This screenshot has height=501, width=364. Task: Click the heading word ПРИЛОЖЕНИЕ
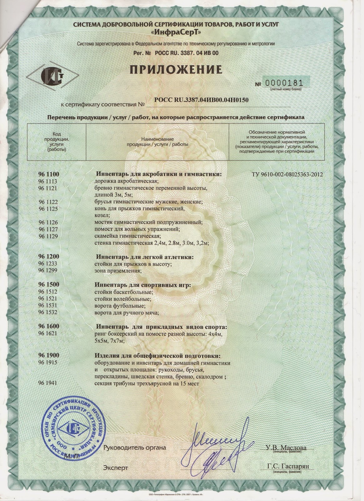pyautogui.click(x=176, y=69)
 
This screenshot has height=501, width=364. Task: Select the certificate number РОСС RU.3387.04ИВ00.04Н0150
pyautogui.click(x=201, y=100)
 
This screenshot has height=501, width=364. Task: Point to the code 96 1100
pyautogui.click(x=48, y=174)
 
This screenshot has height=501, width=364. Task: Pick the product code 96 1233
pyautogui.click(x=48, y=264)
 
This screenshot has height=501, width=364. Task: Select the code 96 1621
pyautogui.click(x=48, y=333)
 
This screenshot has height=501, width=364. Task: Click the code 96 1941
pyautogui.click(x=48, y=383)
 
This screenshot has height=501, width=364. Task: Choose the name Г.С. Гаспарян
pyautogui.click(x=288, y=466)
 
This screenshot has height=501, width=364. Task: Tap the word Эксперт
pyautogui.click(x=115, y=468)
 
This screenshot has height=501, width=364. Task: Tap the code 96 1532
pyautogui.click(x=48, y=312)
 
